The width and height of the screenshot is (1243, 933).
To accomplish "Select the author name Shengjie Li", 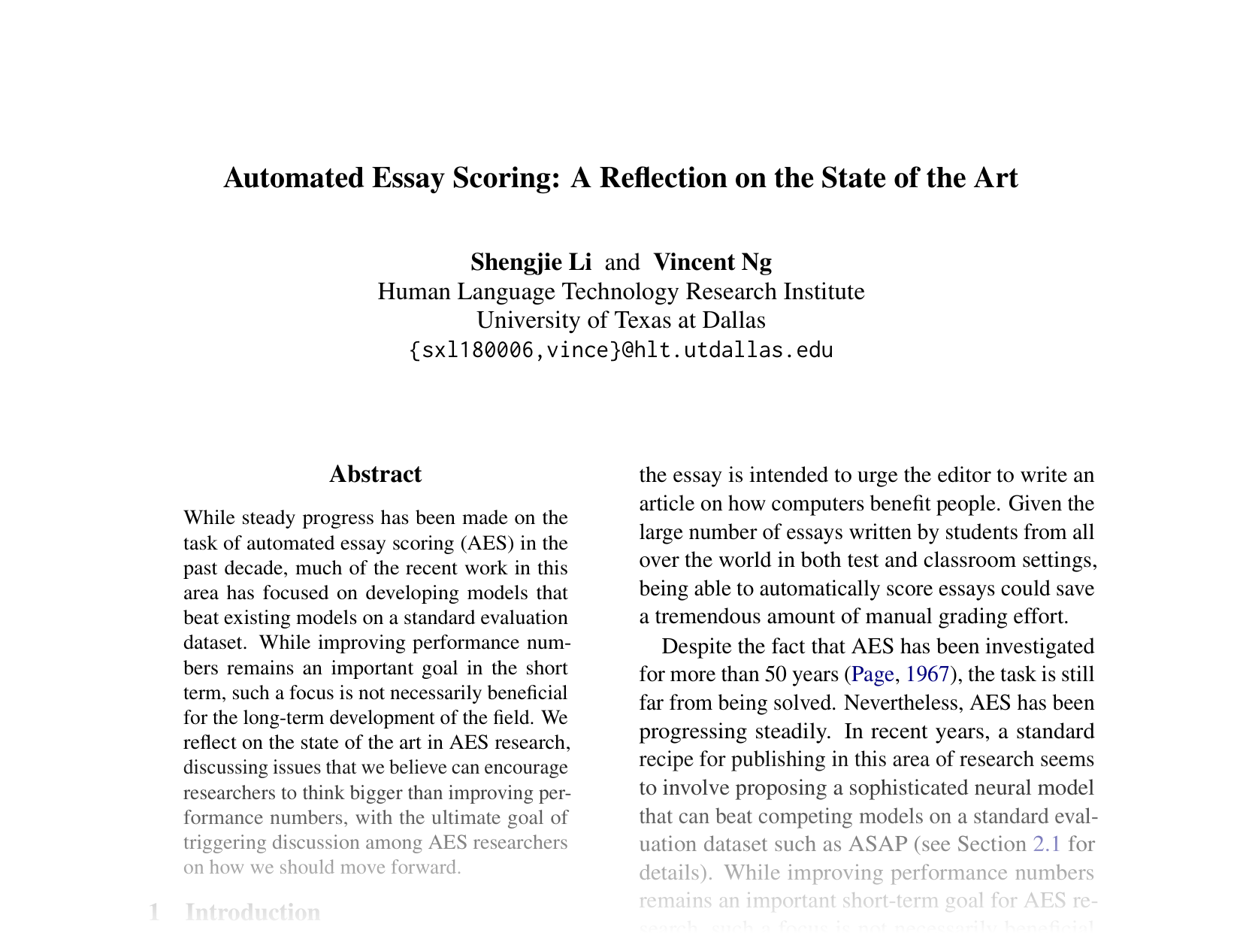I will (x=531, y=262).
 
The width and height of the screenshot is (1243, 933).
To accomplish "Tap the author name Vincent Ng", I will (x=712, y=262).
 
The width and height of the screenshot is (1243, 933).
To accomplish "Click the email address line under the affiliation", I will (x=621, y=350).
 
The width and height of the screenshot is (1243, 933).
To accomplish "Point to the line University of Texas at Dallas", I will (x=621, y=320).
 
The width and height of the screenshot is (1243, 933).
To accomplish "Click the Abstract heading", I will (x=375, y=474).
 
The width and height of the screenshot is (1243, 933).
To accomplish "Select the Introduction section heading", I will (x=253, y=913).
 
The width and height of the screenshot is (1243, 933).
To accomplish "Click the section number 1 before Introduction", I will (x=154, y=913).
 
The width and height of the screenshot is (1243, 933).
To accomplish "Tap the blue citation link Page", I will (x=873, y=674).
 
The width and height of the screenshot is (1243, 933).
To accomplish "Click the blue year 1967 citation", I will (x=928, y=674).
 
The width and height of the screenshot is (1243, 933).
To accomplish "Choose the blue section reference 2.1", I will (x=1047, y=844).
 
